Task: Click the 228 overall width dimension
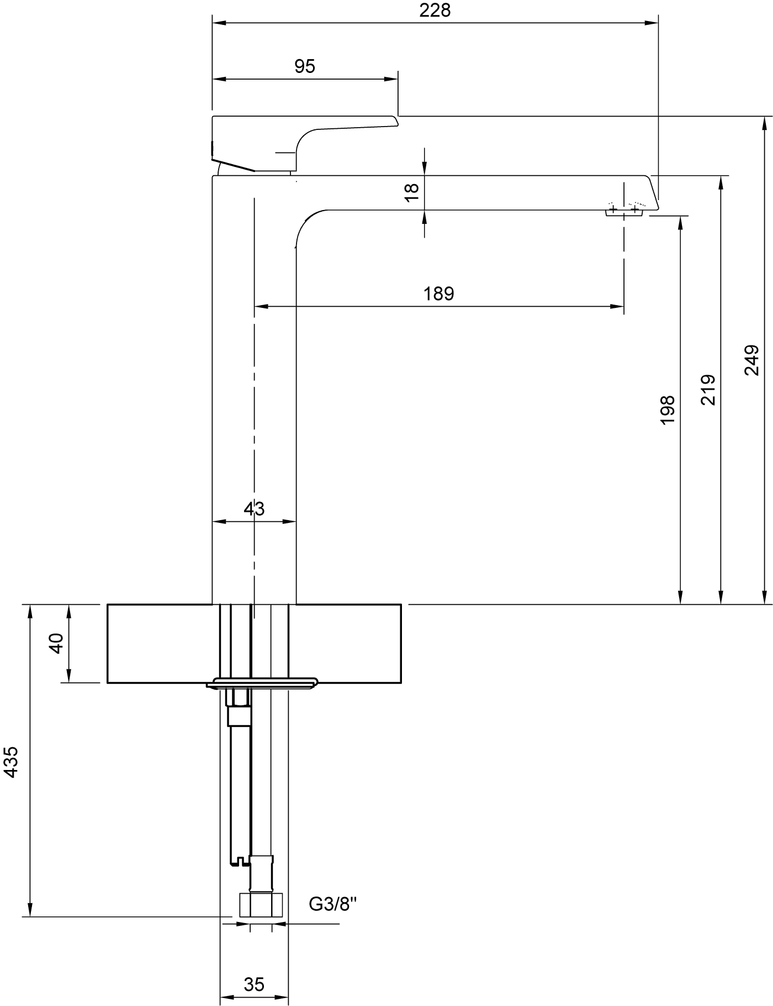(435, 10)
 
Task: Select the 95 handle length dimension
(305, 66)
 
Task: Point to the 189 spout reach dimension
(439, 294)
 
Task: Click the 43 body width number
(254, 509)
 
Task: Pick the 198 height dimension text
(668, 410)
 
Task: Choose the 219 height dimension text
(708, 390)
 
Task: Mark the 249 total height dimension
(751, 360)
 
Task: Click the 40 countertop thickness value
(56, 643)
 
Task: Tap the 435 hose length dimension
(11, 762)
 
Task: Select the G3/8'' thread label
(333, 904)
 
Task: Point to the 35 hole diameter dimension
(254, 984)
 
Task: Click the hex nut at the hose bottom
(262, 905)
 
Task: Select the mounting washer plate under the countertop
(263, 683)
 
